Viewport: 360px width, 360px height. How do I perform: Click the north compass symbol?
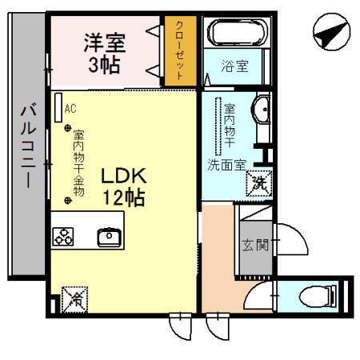pyautogui.click(x=330, y=34)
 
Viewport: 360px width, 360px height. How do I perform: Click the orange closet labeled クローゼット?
pyautogui.click(x=180, y=50)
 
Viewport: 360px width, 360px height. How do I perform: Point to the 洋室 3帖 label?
pyautogui.click(x=105, y=52)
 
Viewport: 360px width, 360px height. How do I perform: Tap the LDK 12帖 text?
pyautogui.click(x=122, y=186)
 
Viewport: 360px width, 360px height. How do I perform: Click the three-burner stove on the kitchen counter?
pyautogui.click(x=63, y=236)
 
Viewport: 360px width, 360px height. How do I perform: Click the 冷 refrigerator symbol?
pyautogui.click(x=74, y=298)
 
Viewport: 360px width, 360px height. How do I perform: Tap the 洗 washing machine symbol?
pyautogui.click(x=261, y=183)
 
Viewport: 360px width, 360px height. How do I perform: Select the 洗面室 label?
pyautogui.click(x=226, y=166)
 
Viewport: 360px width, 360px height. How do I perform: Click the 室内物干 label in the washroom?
pyautogui.click(x=229, y=127)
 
